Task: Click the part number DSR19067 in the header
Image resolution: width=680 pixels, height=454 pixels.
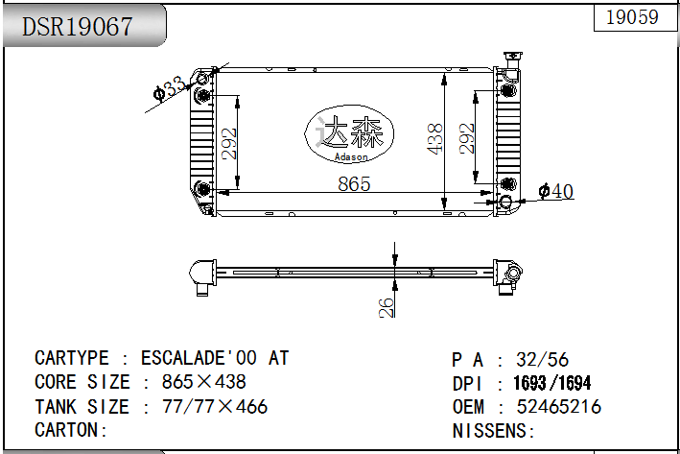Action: pyautogui.click(x=78, y=27)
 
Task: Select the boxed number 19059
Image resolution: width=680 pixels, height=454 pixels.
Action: pyautogui.click(x=632, y=17)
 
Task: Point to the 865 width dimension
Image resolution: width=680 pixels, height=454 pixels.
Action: pyautogui.click(x=353, y=183)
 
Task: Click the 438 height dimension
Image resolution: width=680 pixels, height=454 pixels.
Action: pyautogui.click(x=434, y=139)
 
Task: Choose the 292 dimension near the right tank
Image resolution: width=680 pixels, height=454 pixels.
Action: pyautogui.click(x=467, y=138)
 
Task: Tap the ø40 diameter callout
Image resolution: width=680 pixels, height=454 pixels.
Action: pyautogui.click(x=556, y=192)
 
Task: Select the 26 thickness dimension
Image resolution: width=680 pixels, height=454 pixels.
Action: pyautogui.click(x=386, y=306)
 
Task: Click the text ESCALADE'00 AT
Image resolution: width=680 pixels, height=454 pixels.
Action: pyautogui.click(x=215, y=358)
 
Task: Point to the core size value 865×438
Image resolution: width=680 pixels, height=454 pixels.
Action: pyautogui.click(x=203, y=382)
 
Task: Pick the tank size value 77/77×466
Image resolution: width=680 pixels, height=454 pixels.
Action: pyautogui.click(x=215, y=406)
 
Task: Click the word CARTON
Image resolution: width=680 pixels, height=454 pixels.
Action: pyautogui.click(x=67, y=430)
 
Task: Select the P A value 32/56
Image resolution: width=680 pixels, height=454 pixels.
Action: pyautogui.click(x=542, y=359)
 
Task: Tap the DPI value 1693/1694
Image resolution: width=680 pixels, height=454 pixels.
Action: pyautogui.click(x=552, y=383)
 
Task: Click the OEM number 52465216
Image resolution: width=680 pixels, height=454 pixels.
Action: pyautogui.click(x=559, y=407)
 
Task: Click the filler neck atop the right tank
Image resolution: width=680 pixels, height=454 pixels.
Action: pyautogui.click(x=507, y=60)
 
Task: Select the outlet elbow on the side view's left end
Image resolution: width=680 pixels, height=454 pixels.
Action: pyautogui.click(x=202, y=275)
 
